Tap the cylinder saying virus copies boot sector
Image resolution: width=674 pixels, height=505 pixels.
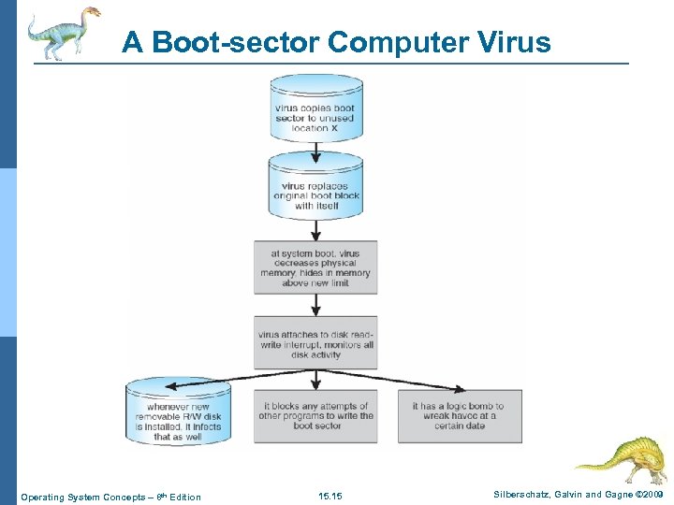tap(316, 113)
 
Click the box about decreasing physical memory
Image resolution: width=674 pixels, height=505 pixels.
tap(315, 267)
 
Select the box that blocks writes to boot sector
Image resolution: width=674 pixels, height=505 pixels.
tap(315, 416)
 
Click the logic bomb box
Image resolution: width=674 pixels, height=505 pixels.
tap(460, 416)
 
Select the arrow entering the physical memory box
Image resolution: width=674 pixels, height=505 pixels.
tap(316, 229)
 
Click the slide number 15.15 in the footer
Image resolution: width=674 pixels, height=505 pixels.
tap(330, 496)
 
